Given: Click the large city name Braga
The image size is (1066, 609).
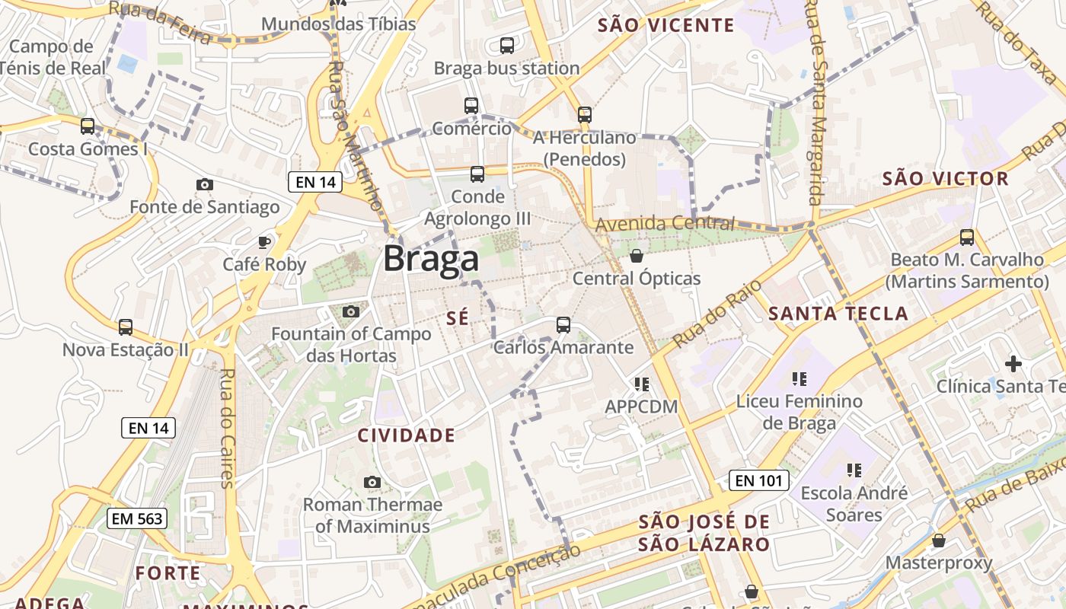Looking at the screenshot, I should point(431,259).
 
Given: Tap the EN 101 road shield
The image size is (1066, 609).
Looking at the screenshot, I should point(758,480).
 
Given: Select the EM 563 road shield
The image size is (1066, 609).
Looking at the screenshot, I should point(136,518).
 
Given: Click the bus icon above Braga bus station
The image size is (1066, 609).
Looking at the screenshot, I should point(507,46).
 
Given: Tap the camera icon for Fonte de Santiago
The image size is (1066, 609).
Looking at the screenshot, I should point(204,184).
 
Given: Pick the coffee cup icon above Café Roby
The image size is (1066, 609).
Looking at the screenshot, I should point(263,242).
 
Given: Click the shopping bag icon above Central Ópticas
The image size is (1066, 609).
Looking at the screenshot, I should point(637,256).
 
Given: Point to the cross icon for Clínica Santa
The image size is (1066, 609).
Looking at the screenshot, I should point(1013,364).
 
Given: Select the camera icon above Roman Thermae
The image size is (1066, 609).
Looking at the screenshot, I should point(372,482).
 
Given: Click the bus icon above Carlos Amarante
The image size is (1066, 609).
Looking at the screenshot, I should point(563,325).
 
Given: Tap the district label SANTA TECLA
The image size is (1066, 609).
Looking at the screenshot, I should point(838,314).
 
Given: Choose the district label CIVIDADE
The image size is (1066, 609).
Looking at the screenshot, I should point(407,435).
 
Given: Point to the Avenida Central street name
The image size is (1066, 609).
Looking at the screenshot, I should point(665,224).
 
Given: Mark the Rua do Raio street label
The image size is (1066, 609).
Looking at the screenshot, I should point(707,318).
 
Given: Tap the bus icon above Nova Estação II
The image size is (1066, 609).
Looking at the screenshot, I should point(126,327).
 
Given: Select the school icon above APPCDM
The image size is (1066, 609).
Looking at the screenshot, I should point(641,384).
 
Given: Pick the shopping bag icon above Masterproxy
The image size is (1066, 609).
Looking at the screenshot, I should point(939,540).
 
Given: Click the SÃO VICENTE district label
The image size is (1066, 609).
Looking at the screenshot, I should point(666,25).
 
